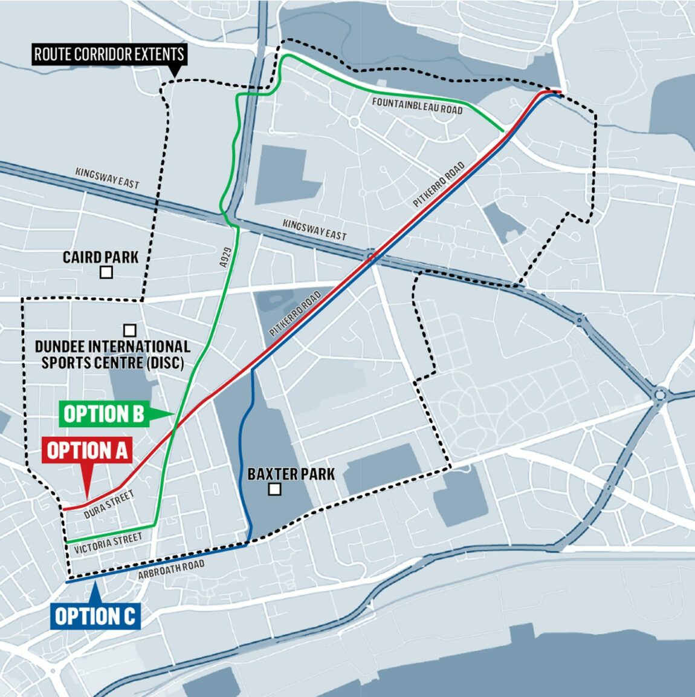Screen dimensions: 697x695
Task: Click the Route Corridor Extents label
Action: [109, 54]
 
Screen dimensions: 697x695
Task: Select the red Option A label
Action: [87, 451]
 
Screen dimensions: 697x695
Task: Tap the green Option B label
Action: [104, 414]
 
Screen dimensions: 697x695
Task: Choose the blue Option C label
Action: [95, 616]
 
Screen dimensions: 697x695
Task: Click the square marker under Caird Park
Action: [106, 273]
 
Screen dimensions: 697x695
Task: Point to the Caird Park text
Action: [100, 257]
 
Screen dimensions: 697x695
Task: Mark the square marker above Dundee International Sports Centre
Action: [129, 330]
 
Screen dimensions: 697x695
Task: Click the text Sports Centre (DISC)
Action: [112, 363]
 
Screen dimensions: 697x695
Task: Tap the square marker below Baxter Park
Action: [275, 489]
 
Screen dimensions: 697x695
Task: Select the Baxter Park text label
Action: [291, 474]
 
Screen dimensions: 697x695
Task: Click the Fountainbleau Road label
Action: [417, 106]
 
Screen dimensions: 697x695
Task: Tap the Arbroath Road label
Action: [171, 570]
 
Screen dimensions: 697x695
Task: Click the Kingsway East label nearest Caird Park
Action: [108, 177]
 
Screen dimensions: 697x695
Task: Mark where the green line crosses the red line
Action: [175, 428]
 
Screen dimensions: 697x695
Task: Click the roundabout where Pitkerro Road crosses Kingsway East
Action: [371, 257]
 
